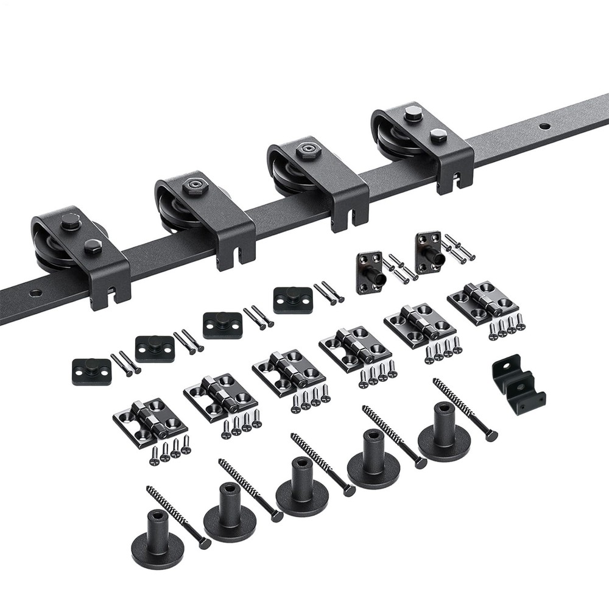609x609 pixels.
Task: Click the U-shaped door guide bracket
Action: tap(518, 384)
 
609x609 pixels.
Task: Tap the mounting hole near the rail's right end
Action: tap(544, 127)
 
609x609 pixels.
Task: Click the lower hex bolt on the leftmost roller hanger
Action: tap(93, 245)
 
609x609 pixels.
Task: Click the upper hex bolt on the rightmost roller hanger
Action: tap(414, 113)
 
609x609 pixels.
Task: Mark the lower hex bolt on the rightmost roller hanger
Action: tap(437, 135)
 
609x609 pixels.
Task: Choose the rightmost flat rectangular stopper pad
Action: tap(292, 300)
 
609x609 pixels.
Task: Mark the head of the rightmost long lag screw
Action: tap(491, 435)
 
